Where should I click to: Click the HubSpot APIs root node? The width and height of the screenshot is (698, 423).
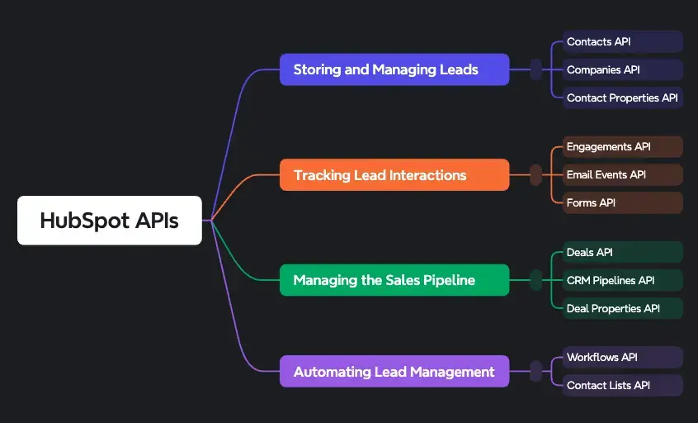tap(109, 221)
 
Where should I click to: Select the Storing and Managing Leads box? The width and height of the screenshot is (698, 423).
tap(394, 69)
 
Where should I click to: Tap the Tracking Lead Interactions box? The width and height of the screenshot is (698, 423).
tap(394, 175)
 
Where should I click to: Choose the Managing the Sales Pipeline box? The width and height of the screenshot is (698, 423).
tap(394, 280)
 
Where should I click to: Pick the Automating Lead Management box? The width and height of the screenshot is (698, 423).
tap(394, 372)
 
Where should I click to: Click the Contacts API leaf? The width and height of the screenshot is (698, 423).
tap(623, 41)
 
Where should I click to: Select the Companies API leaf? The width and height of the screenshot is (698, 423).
tap(623, 69)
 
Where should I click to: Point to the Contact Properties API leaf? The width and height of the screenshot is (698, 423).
tap(623, 97)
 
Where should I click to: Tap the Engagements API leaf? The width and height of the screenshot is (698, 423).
tap(623, 147)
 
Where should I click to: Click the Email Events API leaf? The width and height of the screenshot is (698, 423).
tap(623, 175)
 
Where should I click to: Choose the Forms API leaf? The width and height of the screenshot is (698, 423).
tap(623, 202)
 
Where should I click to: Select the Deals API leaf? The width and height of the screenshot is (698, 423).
tap(623, 252)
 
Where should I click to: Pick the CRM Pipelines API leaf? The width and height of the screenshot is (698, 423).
tap(623, 280)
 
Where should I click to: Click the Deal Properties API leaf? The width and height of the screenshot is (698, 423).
tap(623, 308)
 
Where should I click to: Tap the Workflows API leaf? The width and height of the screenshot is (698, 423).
tap(623, 357)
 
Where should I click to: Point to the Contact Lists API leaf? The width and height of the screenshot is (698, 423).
tap(623, 385)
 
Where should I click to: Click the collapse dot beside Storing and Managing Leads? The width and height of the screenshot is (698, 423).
tap(536, 69)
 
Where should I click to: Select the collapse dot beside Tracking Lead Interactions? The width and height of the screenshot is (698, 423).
tap(536, 175)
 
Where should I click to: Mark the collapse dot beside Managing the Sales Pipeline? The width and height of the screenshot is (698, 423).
tap(536, 280)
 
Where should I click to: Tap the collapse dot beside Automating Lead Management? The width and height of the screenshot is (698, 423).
tap(536, 372)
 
